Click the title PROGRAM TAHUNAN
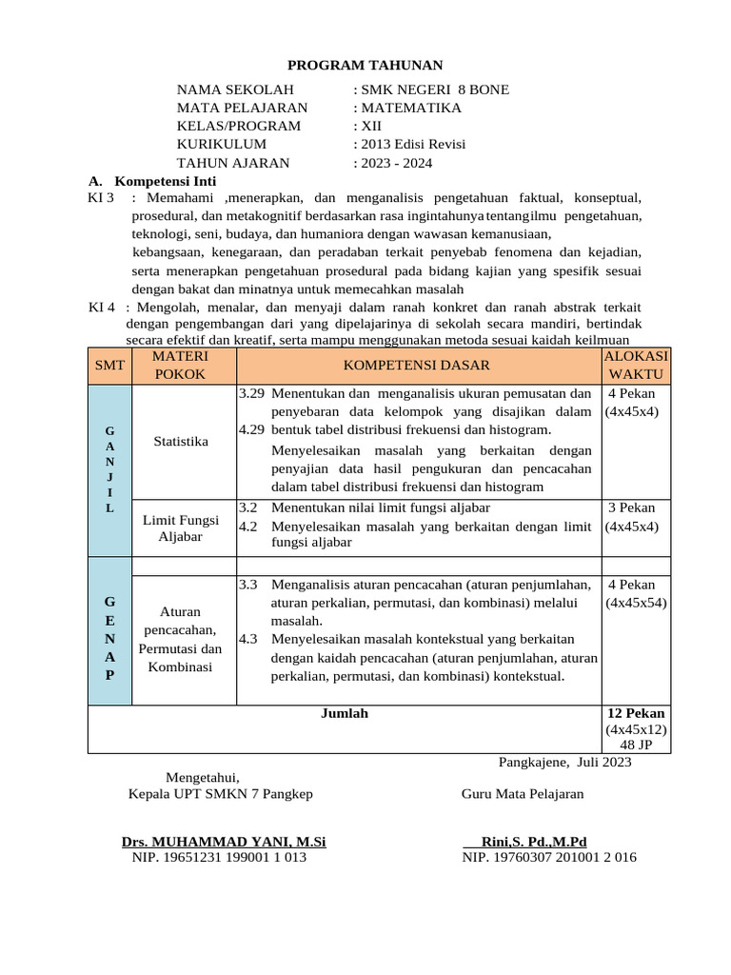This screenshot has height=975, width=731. click(x=366, y=65)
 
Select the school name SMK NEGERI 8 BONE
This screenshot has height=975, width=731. click(x=433, y=90)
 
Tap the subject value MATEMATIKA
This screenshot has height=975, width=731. click(x=409, y=108)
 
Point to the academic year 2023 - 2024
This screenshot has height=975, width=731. click(x=394, y=163)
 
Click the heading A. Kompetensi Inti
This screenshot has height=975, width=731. click(x=152, y=181)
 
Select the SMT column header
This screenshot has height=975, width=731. click(x=109, y=365)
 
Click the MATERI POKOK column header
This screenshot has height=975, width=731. click(x=180, y=365)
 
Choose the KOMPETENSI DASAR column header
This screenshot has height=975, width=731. click(x=417, y=365)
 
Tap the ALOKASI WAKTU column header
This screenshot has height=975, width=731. click(x=637, y=365)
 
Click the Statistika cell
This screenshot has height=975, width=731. click(x=181, y=441)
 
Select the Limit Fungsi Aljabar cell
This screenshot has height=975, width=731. click(x=181, y=528)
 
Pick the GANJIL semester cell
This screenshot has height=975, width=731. click(x=109, y=469)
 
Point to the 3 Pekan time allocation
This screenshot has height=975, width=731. click(x=632, y=507)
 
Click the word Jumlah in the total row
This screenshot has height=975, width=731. click(x=345, y=713)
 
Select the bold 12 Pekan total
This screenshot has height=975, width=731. click(x=636, y=713)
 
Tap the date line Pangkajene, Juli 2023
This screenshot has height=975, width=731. click(x=564, y=762)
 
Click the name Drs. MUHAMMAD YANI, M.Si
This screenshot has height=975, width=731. click(x=224, y=842)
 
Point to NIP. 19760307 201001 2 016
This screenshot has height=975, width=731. click(x=549, y=857)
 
